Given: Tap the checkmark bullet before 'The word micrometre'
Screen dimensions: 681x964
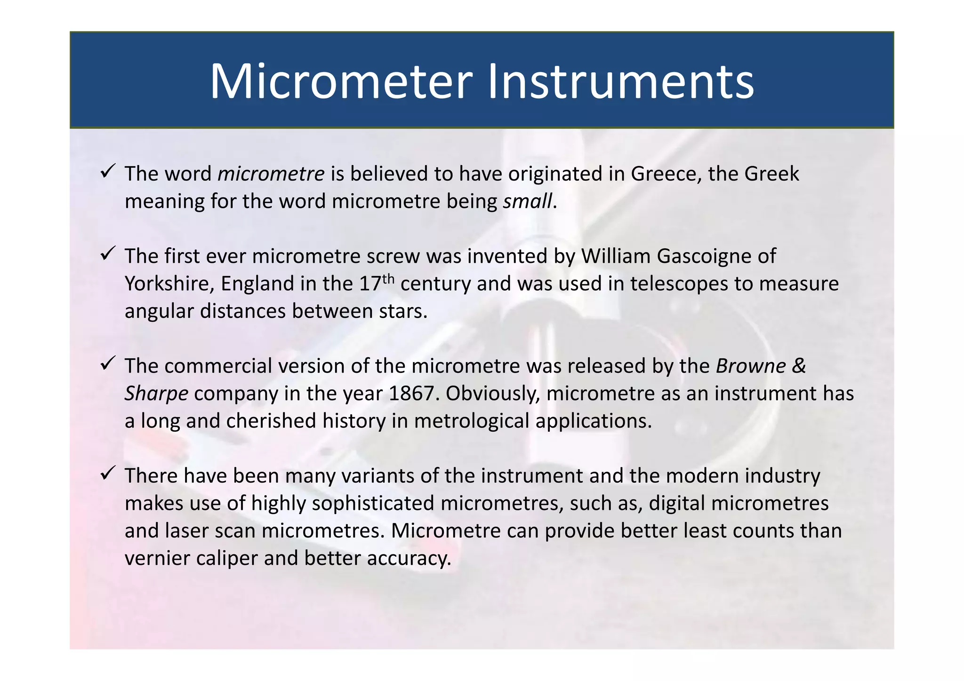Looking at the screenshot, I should (108, 171).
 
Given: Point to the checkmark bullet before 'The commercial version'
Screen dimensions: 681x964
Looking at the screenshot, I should (108, 363).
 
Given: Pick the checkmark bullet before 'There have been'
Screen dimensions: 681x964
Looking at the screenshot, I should (108, 473).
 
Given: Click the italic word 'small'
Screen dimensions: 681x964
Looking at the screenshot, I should (527, 202).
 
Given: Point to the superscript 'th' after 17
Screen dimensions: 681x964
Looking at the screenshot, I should (388, 278).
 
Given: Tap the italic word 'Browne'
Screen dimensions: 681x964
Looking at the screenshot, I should (751, 366).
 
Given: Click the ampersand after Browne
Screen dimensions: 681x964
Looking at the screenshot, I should (799, 366).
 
